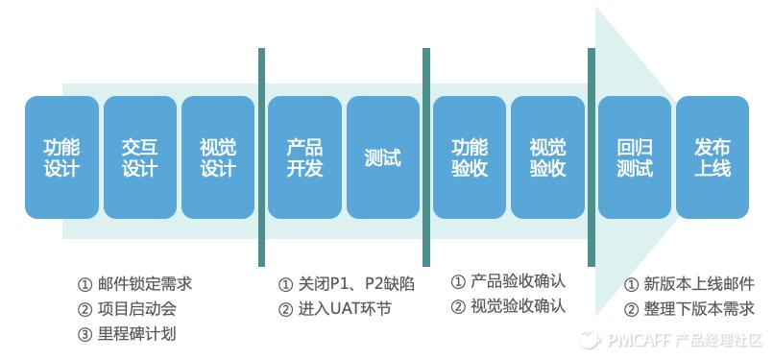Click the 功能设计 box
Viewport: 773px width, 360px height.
(x=61, y=157)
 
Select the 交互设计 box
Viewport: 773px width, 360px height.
(x=140, y=157)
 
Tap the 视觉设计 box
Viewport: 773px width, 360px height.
(x=218, y=157)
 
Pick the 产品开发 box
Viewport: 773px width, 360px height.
(x=304, y=157)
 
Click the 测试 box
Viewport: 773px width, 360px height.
(x=383, y=157)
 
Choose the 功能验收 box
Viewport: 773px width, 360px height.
(x=470, y=157)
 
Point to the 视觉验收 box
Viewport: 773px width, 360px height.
(x=547, y=157)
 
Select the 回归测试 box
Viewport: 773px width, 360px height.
(x=635, y=157)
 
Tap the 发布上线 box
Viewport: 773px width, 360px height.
(x=713, y=157)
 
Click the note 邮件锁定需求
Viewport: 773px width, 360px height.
(x=145, y=284)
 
